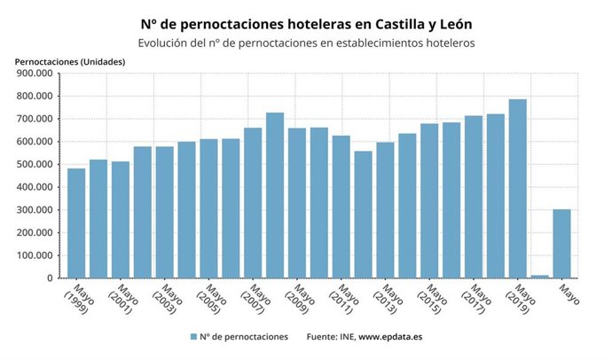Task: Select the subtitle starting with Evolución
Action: [x=306, y=43]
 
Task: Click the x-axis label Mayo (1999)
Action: [x=77, y=300]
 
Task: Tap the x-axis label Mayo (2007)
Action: [x=255, y=300]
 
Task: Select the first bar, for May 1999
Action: [x=76, y=223]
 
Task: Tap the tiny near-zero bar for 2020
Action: [x=540, y=277]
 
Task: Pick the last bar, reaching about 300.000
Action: [x=562, y=244]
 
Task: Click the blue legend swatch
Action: [x=192, y=337]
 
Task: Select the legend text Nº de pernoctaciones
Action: [x=244, y=337]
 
